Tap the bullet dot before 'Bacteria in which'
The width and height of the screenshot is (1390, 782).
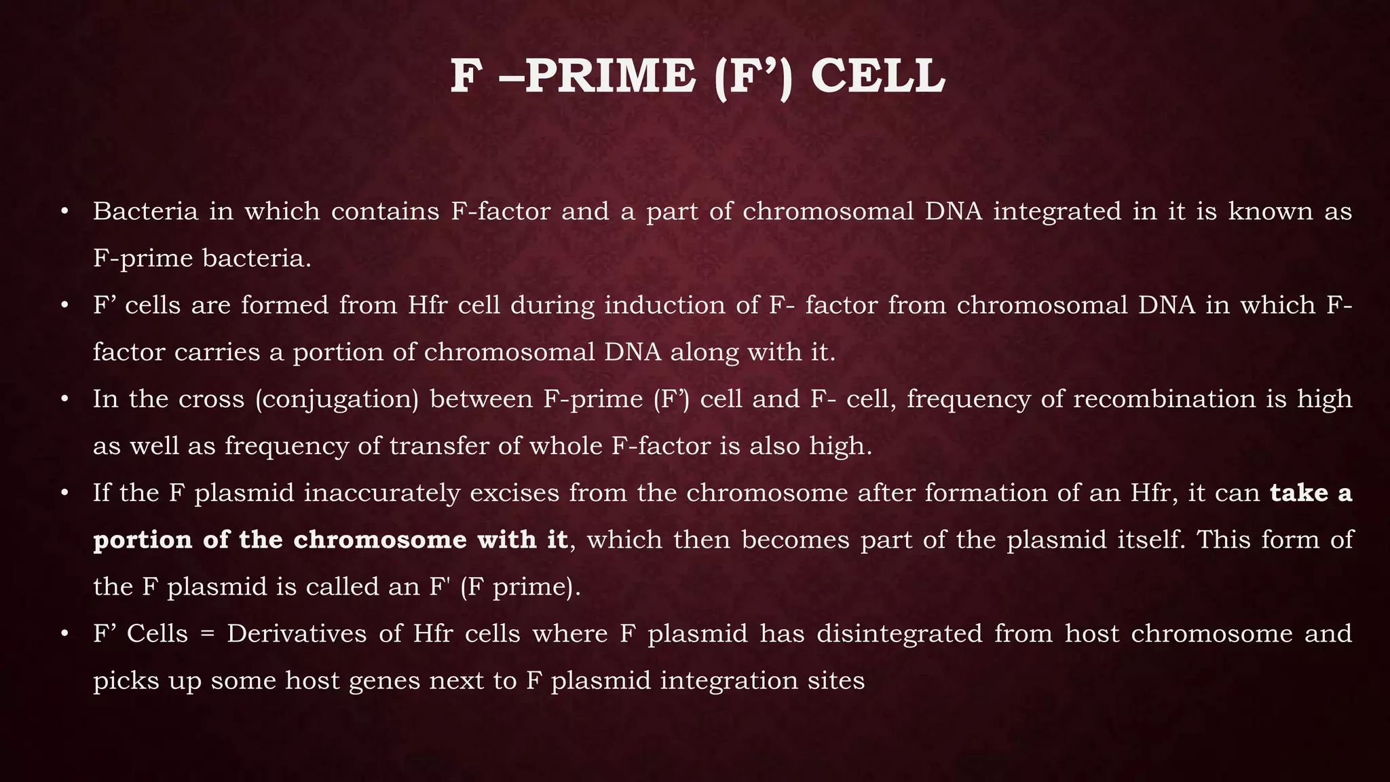[x=64, y=212]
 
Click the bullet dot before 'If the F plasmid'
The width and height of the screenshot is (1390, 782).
[x=64, y=494]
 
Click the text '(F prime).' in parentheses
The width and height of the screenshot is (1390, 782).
[x=520, y=587]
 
